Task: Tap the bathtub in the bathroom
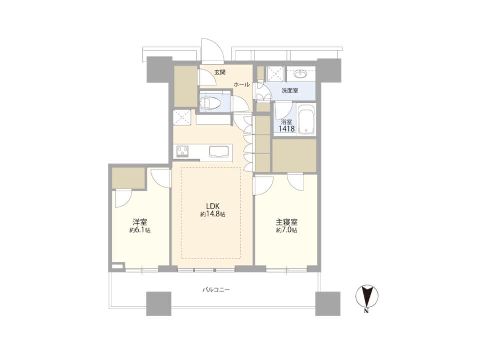coord(306,120)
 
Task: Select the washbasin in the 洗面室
coord(301,74)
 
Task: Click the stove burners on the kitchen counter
coord(183,151)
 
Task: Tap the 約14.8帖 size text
coord(213,215)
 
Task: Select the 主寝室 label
coord(287,222)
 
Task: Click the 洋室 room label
coord(140,222)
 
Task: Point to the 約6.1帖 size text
coord(140,230)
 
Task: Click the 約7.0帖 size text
coord(287,230)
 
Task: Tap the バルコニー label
coord(216,289)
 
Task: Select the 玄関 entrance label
coord(220,73)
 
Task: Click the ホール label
coord(242,85)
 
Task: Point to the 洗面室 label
coord(290,90)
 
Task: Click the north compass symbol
coord(367,296)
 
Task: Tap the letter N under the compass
coord(366,312)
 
